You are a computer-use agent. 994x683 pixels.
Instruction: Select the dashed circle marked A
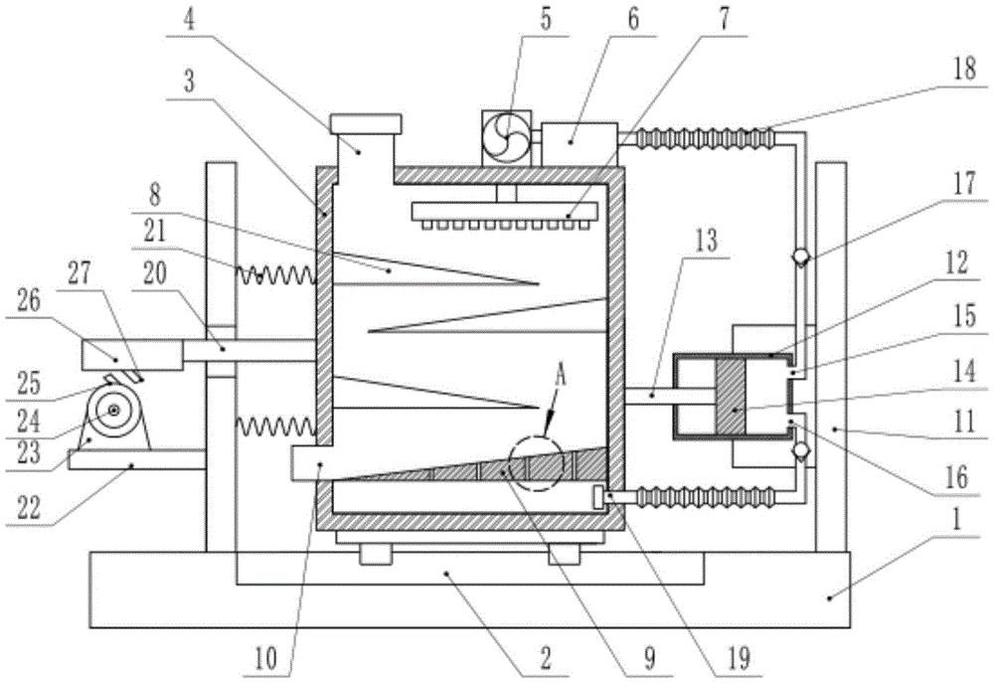click(x=535, y=464)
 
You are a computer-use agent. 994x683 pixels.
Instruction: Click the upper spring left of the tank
click(x=276, y=271)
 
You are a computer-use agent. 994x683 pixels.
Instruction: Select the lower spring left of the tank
click(x=276, y=427)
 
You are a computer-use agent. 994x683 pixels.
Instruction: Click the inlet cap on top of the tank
click(x=366, y=124)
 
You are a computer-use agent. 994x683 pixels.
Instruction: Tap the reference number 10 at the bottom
click(x=267, y=657)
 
